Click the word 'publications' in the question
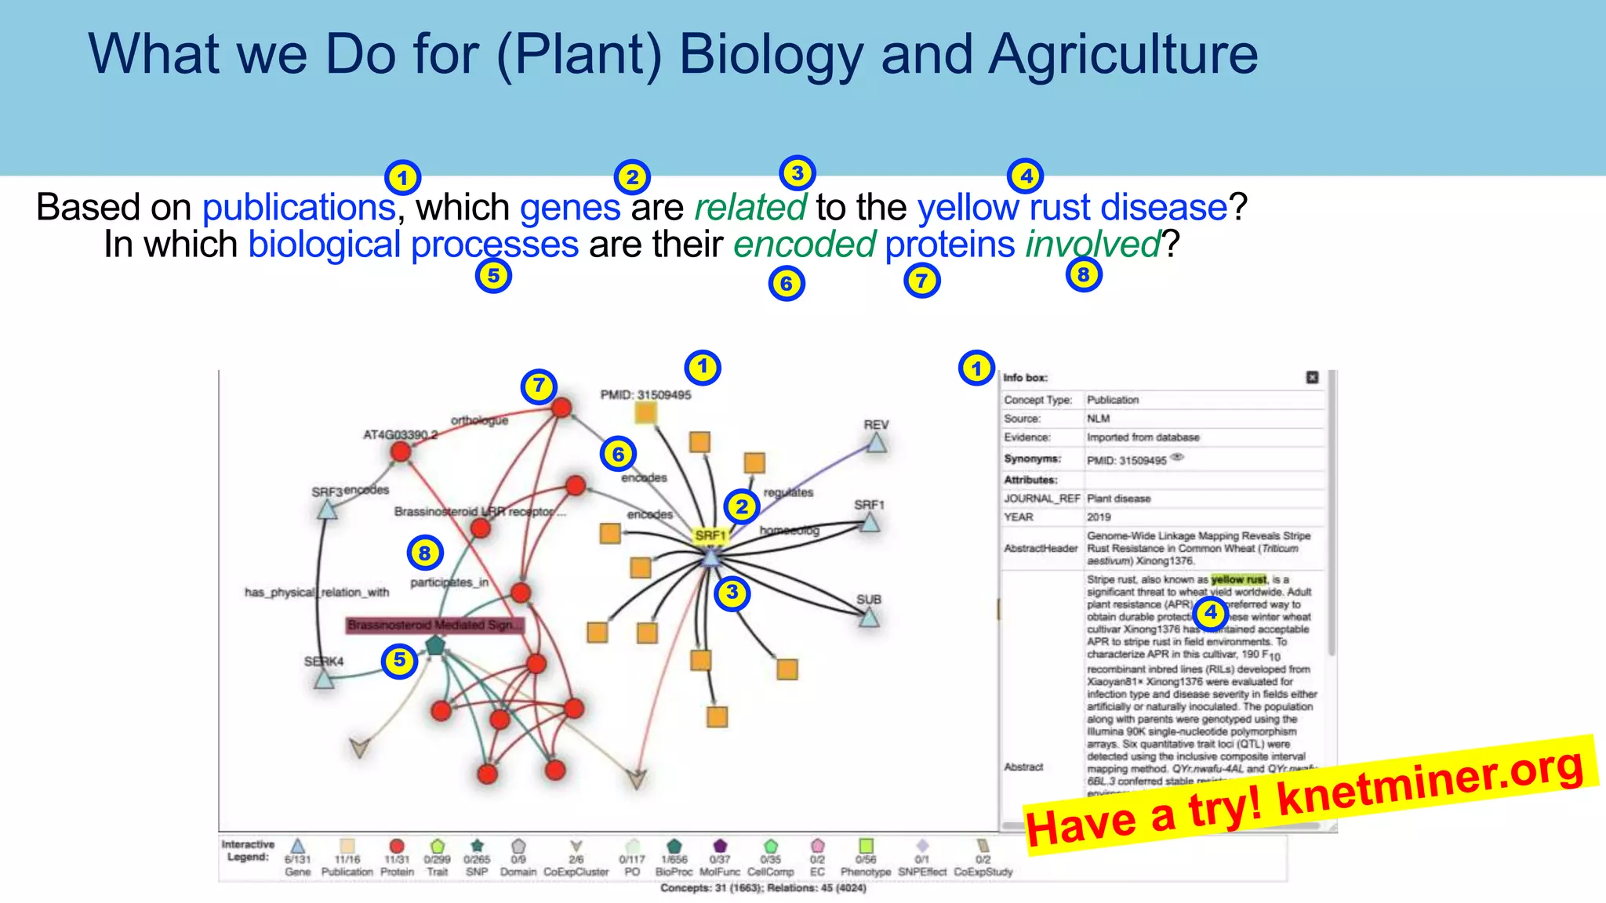(298, 209)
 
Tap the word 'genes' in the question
(570, 209)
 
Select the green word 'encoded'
(804, 245)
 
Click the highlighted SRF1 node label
(710, 535)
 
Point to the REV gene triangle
(876, 444)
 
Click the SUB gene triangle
(869, 618)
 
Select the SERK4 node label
(323, 662)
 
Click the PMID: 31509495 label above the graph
(645, 395)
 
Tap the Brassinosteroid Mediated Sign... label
(434, 626)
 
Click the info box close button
(1312, 378)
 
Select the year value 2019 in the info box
(1099, 517)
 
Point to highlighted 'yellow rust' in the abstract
(1238, 580)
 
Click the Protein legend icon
(397, 847)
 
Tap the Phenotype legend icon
(866, 847)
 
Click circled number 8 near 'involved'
(1084, 275)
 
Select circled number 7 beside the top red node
(539, 386)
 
